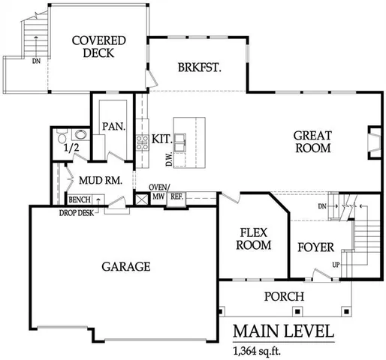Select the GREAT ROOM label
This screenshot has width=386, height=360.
click(312, 142)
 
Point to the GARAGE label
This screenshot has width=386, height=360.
click(126, 266)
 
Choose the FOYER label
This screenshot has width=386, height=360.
click(316, 247)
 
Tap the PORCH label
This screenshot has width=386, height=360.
click(285, 296)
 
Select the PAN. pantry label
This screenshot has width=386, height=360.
click(113, 126)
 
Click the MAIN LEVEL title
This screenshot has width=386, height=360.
click(282, 331)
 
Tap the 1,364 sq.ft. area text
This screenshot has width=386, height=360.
click(259, 350)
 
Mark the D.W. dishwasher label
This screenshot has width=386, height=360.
click(170, 160)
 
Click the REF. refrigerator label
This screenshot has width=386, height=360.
click(176, 196)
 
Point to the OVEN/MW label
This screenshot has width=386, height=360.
click(158, 191)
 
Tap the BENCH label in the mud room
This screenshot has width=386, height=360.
click(79, 200)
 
